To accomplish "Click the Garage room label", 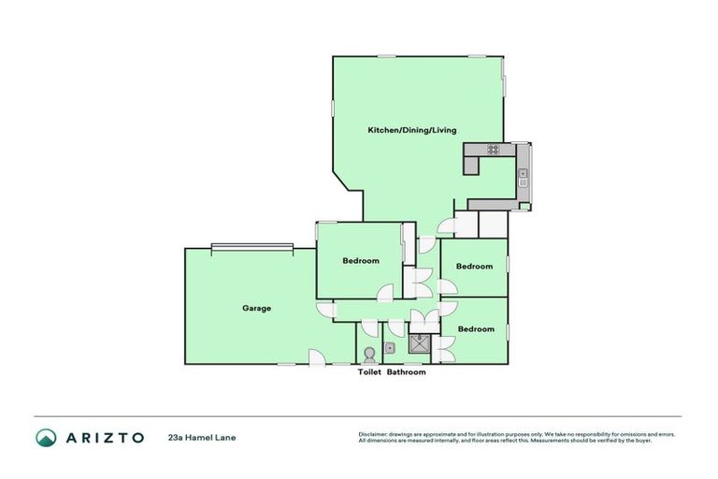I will pos(256,308).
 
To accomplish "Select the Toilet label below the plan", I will pos(370,372).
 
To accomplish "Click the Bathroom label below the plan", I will pos(407,372).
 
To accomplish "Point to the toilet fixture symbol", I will pos(369,354).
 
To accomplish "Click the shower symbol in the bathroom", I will pos(418,343).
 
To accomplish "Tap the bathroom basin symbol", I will pos(391,348).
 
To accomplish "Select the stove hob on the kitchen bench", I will pos(493,149).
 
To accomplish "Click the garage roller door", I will pos(252,247).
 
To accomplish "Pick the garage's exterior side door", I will pos(317,356).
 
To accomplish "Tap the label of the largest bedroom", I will pos(361,261).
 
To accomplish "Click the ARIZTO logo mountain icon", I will pos(46,437).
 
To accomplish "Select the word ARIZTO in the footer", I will pos(104,437).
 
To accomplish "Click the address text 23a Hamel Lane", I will pos(196,437).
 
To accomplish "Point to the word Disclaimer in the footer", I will pos(372,434).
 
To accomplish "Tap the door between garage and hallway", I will pos(325,311).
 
